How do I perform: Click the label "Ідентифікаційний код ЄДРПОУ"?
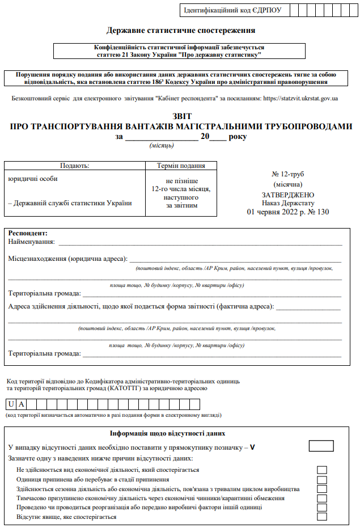tap(232, 10)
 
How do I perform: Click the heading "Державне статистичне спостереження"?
tap(180, 31)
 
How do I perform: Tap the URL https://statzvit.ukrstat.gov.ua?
tap(298, 99)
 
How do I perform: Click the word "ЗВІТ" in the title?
tap(180, 116)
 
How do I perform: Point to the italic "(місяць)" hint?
tap(162, 146)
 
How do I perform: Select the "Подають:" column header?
tap(75, 166)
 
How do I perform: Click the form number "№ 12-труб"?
tap(288, 174)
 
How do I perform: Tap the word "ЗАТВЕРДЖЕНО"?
tap(288, 193)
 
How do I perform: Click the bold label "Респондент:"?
tap(28, 233)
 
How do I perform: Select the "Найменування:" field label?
tap(32, 242)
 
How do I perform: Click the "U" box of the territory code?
tap(11, 404)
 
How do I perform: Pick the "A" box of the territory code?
tap(22, 404)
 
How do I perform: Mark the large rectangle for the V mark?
tap(321, 446)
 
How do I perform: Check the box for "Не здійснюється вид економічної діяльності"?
tap(322, 470)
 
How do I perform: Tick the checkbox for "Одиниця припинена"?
tap(322, 479)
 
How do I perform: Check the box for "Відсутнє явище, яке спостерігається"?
tap(322, 517)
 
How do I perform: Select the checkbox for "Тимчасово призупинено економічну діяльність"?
tap(322, 498)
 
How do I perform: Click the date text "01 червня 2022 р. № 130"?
tap(288, 212)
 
